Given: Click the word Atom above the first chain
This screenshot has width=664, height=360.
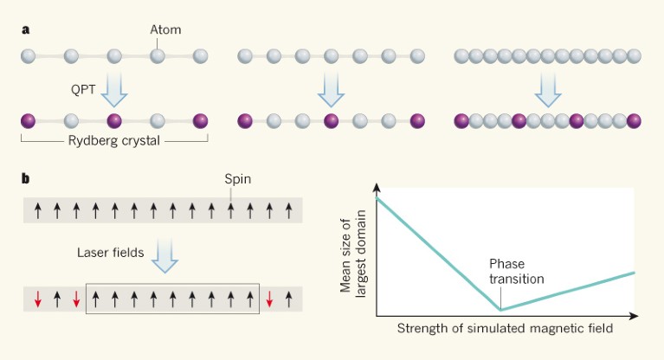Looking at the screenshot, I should click(165, 29).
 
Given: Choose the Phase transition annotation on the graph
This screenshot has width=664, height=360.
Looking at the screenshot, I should click(516, 271).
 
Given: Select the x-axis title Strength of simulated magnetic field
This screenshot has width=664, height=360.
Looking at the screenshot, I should click(506, 329).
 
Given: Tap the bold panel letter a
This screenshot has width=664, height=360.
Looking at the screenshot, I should click(26, 29).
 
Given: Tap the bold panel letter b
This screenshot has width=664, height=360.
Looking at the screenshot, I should click(26, 180).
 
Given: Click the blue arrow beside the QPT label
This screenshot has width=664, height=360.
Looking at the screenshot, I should click(114, 87).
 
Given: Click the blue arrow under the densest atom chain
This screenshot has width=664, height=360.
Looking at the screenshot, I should click(548, 87).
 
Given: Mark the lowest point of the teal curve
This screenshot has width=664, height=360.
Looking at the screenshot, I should click(500, 309).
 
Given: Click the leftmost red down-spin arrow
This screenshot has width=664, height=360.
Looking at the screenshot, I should click(37, 299).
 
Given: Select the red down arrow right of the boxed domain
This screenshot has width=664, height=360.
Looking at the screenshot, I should click(269, 299).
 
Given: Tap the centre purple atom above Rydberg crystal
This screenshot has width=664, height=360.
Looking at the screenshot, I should click(114, 119).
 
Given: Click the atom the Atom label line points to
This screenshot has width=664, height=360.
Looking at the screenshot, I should click(158, 57).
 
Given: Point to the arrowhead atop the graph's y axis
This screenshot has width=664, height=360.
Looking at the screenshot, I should click(377, 188).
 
